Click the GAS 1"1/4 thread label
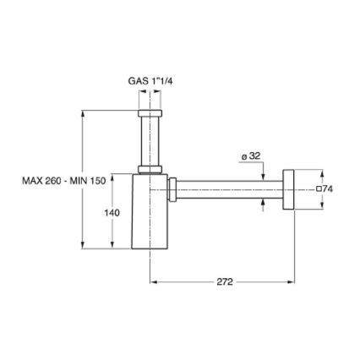coord(150,80)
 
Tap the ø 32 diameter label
coord(251,155)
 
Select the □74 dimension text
coord(325,189)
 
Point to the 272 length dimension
coord(224,282)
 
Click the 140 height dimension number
coord(112,213)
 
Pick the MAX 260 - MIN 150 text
coord(63,180)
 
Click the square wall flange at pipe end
coord(288,189)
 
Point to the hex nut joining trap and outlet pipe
coord(172,189)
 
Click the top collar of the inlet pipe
coord(150,112)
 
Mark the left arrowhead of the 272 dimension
coord(154,282)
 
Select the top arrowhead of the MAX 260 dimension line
coord(82,112)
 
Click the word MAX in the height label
coord(32,180)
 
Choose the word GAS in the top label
coord(137,80)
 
